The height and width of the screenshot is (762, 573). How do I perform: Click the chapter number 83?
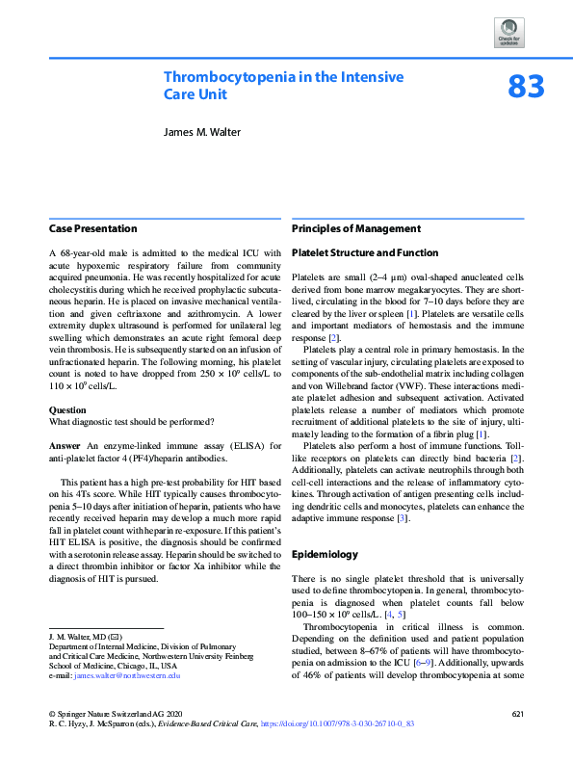coord(526,88)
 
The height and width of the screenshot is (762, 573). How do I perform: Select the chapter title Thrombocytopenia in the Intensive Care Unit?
coord(283,86)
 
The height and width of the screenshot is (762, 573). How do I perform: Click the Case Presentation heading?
coord(92,228)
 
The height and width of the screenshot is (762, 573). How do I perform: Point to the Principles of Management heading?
coord(355,228)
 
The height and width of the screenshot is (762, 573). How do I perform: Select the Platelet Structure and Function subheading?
coord(364,253)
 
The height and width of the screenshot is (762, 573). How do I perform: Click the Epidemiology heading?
coord(326,555)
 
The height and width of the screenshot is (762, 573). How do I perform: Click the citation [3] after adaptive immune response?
coord(403,519)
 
